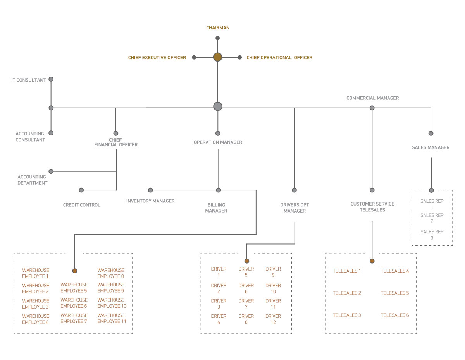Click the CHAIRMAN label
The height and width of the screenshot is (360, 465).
pos(218,28)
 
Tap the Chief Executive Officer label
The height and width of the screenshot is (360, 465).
pos(157,58)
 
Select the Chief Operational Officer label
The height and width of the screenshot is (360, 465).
pos(279,58)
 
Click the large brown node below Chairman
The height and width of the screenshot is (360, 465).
pos(217,57)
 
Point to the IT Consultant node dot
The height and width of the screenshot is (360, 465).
pos(51,79)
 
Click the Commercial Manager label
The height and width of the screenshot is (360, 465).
pos(372,98)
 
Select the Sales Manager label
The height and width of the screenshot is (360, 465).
pos(431,147)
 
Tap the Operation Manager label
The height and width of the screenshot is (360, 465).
pos(218,142)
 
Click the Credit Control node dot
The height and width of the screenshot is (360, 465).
pos(81,190)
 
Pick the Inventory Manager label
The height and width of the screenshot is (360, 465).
pos(150,201)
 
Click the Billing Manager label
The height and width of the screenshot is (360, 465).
pos(216,208)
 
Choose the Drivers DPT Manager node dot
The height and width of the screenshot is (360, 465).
pos(294,190)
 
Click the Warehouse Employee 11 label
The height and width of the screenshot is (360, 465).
pos(112,318)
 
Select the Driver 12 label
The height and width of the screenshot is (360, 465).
pos(273,319)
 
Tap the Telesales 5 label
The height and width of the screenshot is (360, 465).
pos(395,293)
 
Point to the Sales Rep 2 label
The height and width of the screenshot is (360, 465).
pos(432,218)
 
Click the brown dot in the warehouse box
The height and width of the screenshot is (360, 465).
pos(75,271)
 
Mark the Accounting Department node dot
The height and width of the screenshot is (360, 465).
pos(51,171)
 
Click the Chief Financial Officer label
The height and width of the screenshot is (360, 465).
pos(116,142)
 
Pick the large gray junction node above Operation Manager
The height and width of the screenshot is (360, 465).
pos(218,106)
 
